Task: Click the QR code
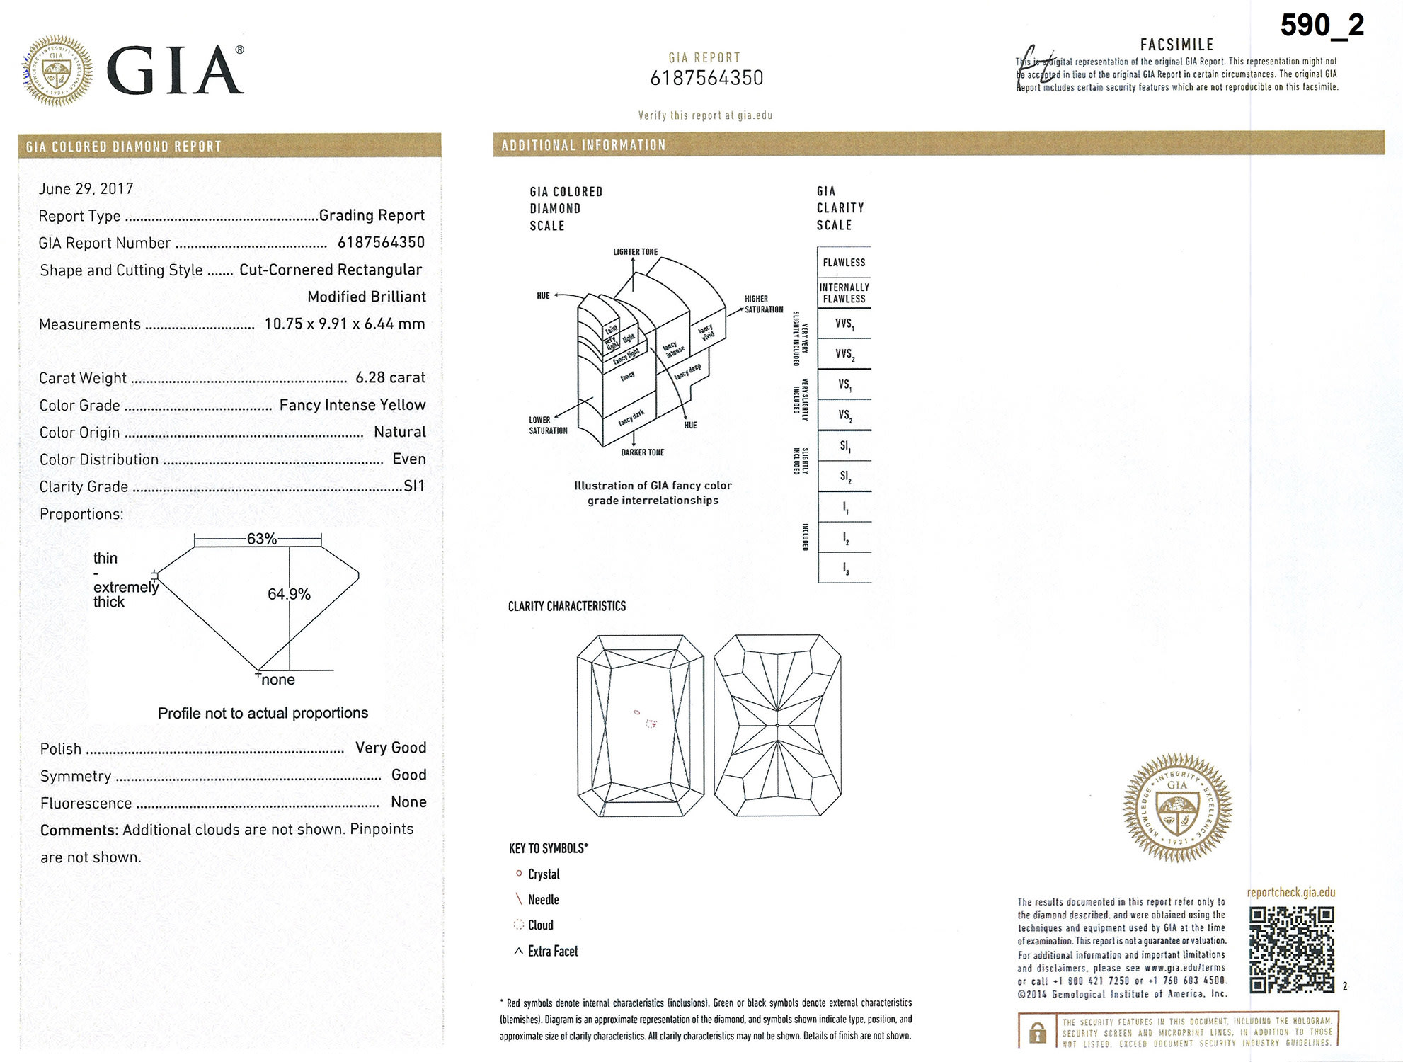pyautogui.click(x=1291, y=950)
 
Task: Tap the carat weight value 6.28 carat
pyautogui.click(x=390, y=377)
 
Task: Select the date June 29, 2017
pyautogui.click(x=86, y=188)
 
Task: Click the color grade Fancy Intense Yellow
pyautogui.click(x=353, y=404)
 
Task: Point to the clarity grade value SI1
pyautogui.click(x=414, y=486)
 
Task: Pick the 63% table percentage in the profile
pyautogui.click(x=261, y=539)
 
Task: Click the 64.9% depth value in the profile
pyautogui.click(x=289, y=594)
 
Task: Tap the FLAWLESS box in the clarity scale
pyautogui.click(x=844, y=262)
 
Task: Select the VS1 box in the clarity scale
pyautogui.click(x=844, y=384)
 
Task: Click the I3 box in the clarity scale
pyautogui.click(x=844, y=569)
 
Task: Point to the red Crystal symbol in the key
pyautogui.click(x=519, y=874)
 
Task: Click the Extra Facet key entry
pyautogui.click(x=552, y=952)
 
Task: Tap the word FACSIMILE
pyautogui.click(x=1176, y=45)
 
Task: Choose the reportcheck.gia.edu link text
pyautogui.click(x=1291, y=892)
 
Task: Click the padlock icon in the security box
pyautogui.click(x=1038, y=1032)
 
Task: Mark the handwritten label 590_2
pyautogui.click(x=1322, y=26)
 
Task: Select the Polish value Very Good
pyautogui.click(x=391, y=748)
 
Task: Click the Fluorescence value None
pyautogui.click(x=408, y=802)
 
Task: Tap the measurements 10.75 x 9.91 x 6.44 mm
pyautogui.click(x=345, y=324)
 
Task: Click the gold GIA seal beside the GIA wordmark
pyautogui.click(x=57, y=71)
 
